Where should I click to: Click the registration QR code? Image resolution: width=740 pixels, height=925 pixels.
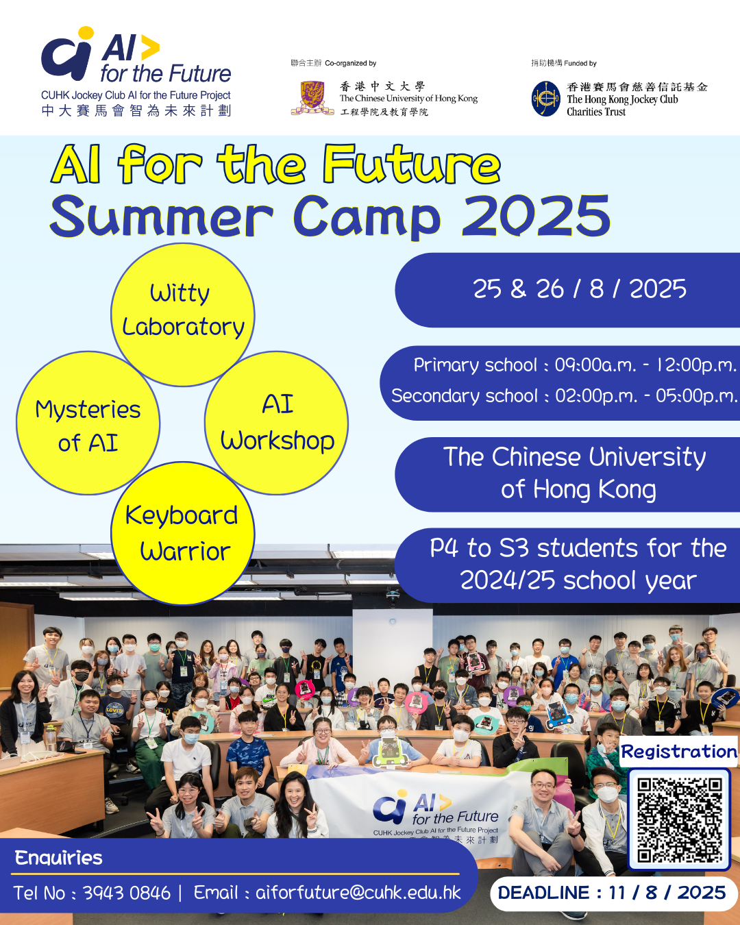click(679, 819)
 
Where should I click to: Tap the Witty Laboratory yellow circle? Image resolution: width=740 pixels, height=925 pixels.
click(183, 314)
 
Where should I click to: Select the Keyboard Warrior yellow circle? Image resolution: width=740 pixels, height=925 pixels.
click(183, 534)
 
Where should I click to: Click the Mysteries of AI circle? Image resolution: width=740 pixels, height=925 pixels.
click(88, 423)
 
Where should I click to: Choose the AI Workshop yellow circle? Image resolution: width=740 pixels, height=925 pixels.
click(277, 423)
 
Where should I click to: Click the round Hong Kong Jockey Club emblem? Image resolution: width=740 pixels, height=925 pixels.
click(545, 99)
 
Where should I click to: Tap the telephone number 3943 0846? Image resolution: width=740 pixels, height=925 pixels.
click(126, 893)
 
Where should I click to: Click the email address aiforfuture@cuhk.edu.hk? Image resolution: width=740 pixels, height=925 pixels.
click(358, 893)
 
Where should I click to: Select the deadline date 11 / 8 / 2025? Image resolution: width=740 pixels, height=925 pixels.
click(667, 893)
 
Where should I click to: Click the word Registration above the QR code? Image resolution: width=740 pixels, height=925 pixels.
click(679, 752)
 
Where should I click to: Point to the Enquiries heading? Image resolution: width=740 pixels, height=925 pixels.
click(58, 858)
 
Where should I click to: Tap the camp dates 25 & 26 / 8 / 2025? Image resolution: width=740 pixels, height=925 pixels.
click(580, 289)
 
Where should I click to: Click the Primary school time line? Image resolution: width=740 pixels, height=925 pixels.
click(575, 365)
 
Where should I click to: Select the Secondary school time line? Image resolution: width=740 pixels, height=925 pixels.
click(564, 396)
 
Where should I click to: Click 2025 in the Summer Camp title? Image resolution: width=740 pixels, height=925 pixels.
click(536, 216)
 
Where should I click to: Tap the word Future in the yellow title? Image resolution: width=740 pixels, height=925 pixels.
click(412, 164)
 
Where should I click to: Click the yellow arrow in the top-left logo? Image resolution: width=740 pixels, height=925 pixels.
click(149, 47)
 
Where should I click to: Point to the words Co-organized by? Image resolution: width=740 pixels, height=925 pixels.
click(350, 63)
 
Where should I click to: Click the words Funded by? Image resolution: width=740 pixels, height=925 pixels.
click(580, 63)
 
